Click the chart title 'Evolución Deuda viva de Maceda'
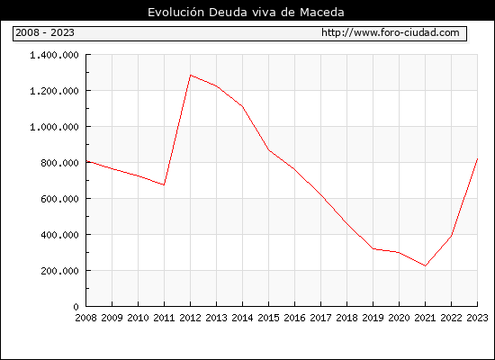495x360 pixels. click(246, 13)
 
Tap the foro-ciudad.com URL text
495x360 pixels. click(391, 32)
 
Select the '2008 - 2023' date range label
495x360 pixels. click(45, 32)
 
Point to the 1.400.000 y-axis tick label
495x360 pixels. click(54, 55)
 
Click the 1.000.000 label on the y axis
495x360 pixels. click(54, 127)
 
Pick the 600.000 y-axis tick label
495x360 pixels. click(59, 199)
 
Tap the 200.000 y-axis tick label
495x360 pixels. click(59, 271)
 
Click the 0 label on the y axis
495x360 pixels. click(76, 307)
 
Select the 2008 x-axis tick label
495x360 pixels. click(85, 318)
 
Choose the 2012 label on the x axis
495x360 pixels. click(191, 318)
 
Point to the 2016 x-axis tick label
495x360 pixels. click(294, 318)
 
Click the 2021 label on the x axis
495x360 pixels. click(425, 318)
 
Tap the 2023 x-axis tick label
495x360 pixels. click(477, 318)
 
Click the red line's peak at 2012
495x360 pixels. click(191, 76)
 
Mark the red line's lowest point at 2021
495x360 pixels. click(425, 265)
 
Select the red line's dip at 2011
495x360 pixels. click(164, 184)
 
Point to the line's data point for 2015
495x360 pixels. click(269, 149)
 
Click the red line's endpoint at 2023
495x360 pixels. click(477, 158)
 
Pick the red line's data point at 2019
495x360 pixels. click(373, 248)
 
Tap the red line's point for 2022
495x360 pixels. click(452, 236)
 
